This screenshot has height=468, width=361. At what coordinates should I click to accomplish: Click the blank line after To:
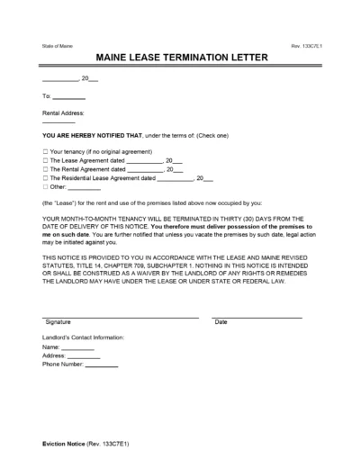click(70, 97)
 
